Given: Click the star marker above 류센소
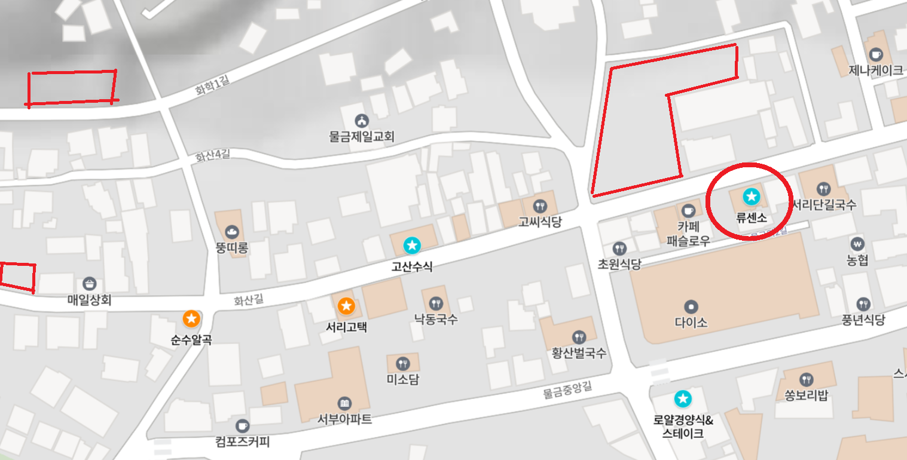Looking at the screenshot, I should pos(750,195).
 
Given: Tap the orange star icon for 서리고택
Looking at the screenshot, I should pos(346,306).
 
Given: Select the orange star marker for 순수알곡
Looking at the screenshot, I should pos(191,318).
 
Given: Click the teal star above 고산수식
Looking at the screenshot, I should pos(411,244).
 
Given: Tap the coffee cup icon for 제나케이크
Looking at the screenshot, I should pos(876,54).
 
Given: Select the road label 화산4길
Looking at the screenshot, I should pos(212,156).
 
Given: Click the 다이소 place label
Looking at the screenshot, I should pos(691,322).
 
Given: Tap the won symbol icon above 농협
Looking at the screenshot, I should pos(857,244).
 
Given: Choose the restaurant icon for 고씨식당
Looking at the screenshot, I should pos(540,206).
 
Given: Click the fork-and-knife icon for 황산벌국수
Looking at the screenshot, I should pos(578,337).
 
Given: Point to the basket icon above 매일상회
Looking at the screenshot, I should pos(90,284).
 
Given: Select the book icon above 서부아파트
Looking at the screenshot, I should pos(344,403).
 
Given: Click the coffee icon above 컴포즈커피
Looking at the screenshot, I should pos(242,425).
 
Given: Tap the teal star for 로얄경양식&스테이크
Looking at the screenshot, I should pos(682,398).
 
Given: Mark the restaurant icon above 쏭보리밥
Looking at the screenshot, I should pos(807,379).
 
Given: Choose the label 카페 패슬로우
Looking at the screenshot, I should pos(688,234).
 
